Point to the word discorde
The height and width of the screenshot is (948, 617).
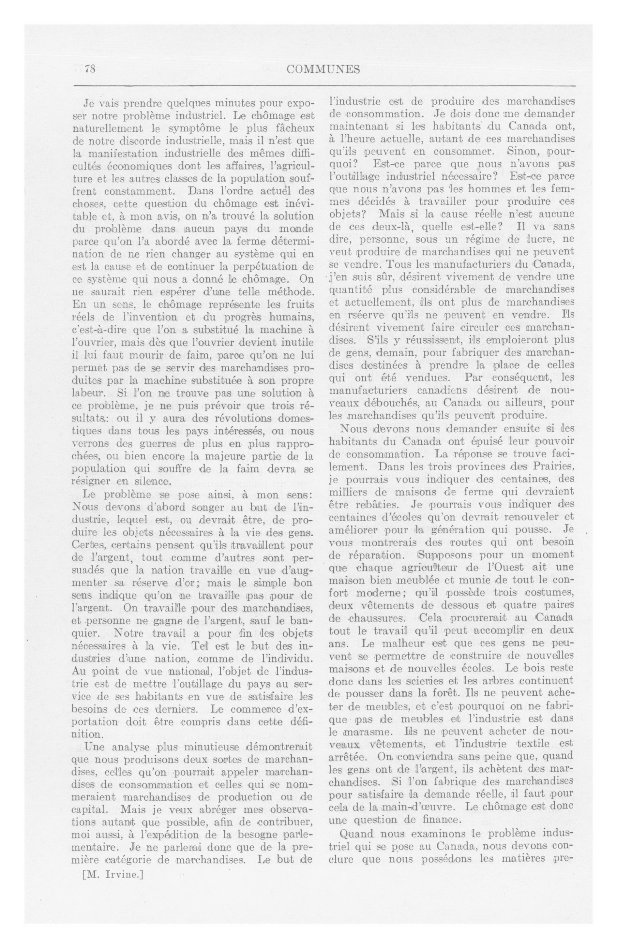(156, 141)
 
